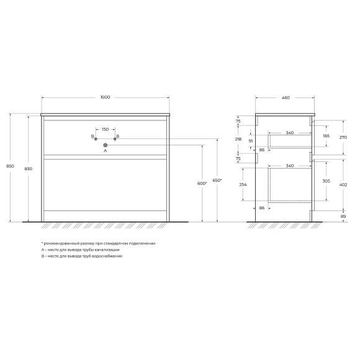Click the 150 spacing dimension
105,129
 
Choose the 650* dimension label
217,180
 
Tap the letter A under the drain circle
105,151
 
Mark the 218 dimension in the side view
240,140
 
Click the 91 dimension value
250,142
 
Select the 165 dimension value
325,135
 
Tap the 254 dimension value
242,185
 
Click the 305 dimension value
326,181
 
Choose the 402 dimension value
343,184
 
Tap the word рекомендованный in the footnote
60,243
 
